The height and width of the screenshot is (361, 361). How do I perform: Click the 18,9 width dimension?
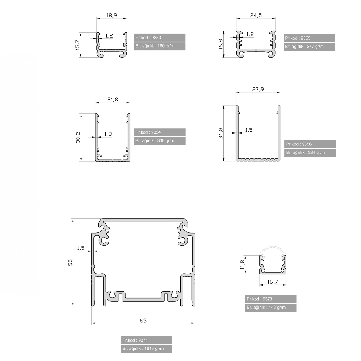(112, 15)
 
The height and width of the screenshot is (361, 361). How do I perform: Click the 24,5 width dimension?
(256, 15)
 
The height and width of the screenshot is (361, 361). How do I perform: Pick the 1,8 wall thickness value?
(250, 34)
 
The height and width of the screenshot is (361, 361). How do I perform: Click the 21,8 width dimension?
(113, 100)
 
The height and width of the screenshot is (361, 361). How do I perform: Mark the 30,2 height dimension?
(78, 138)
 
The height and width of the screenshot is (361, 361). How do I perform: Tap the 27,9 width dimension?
(258, 89)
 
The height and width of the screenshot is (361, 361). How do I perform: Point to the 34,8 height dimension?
(221, 133)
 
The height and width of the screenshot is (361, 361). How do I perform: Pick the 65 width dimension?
(143, 321)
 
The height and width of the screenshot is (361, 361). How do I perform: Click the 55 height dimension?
(70, 262)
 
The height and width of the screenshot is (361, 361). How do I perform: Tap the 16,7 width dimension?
(273, 282)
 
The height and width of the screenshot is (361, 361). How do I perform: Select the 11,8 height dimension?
(242, 265)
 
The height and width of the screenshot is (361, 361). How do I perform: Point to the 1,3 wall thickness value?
(108, 134)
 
